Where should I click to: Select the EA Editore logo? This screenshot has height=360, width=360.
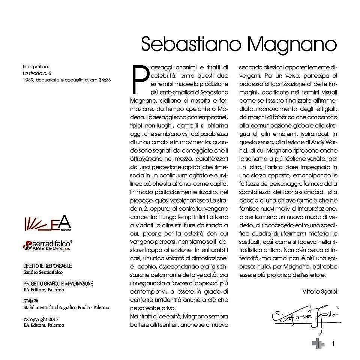click(x=47, y=223)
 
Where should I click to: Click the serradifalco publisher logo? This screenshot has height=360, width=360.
click(x=48, y=245)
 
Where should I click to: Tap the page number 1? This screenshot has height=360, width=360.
click(x=333, y=343)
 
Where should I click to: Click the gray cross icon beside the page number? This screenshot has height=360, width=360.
click(x=318, y=343)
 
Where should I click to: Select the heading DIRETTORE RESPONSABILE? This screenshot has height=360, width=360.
click(x=48, y=266)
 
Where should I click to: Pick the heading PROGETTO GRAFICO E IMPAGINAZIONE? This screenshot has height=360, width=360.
click(x=58, y=284)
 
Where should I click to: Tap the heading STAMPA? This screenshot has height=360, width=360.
click(x=31, y=301)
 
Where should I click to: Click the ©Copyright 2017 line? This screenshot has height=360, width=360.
click(x=41, y=319)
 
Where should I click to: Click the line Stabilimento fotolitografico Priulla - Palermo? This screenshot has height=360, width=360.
click(x=66, y=307)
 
